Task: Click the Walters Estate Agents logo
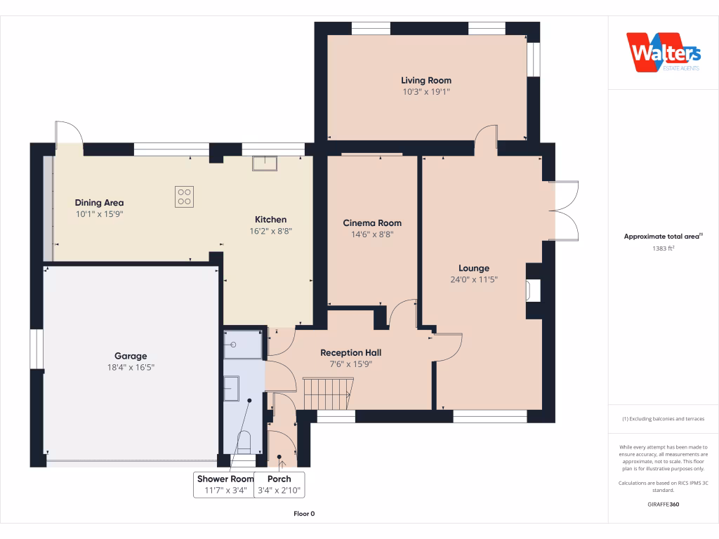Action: coord(664,53)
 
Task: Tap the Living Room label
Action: coord(426,81)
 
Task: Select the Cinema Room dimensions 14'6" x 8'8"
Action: coord(372,235)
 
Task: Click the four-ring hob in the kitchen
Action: coord(184,197)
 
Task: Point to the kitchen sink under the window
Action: coord(265,163)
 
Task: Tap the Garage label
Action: coord(131,356)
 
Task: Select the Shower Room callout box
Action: coord(224,484)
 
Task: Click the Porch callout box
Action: coord(279,484)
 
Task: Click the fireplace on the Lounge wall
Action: coord(534,291)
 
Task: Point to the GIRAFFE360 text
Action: coord(664,505)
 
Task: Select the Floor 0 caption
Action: coord(304,514)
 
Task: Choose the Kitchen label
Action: coord(270,219)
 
